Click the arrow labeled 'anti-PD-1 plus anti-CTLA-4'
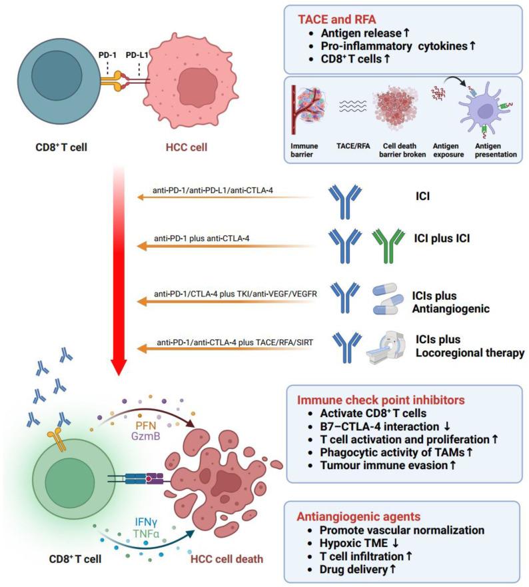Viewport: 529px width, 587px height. pos(227,246)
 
